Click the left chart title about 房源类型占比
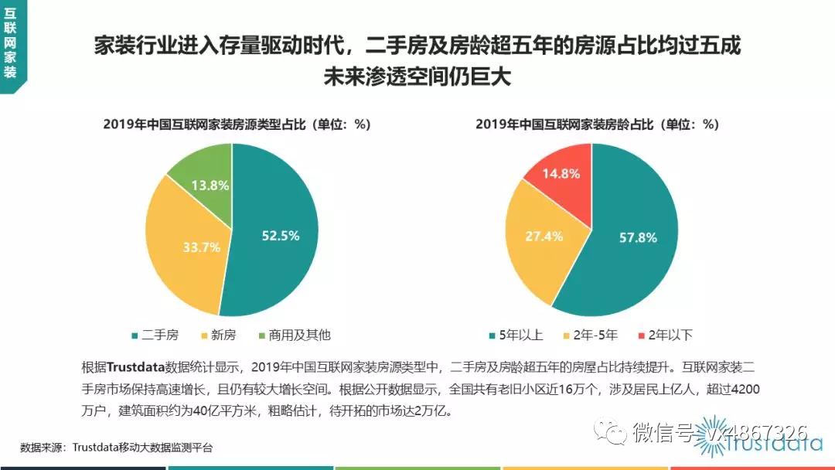click(237, 124)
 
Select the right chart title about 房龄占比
click(598, 124)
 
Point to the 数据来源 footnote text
click(116, 448)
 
